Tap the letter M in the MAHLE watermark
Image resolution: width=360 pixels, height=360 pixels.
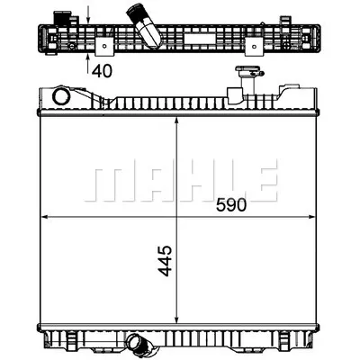(x=107, y=182)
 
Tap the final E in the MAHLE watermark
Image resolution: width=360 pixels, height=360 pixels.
(x=261, y=182)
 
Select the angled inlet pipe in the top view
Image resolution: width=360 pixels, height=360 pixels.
(x=145, y=24)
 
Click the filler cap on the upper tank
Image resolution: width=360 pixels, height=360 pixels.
(x=243, y=74)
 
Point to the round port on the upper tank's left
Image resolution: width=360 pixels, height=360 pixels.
(x=61, y=96)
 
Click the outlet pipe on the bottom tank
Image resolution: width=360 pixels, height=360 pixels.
(x=139, y=343)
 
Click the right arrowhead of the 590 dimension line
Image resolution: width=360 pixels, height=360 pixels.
(x=314, y=218)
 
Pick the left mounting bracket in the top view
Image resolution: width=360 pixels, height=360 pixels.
(x=106, y=45)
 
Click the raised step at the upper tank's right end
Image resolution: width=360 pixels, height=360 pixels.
(x=292, y=91)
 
